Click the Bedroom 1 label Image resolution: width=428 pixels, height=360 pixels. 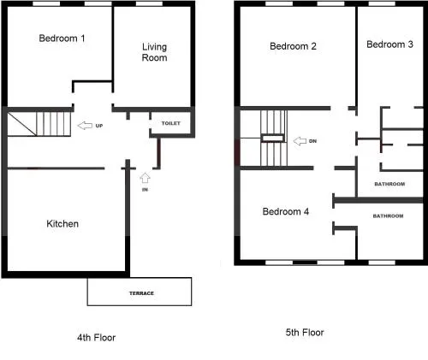(62, 38)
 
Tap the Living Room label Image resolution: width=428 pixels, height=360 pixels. (154, 52)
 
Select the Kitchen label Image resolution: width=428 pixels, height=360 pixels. (62, 224)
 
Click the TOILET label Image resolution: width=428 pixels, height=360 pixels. (171, 123)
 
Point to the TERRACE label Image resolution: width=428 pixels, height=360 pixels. (141, 293)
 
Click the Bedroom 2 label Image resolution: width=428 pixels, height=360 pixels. (293, 46)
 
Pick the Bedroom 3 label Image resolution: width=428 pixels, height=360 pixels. (389, 44)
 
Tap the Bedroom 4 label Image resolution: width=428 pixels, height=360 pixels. (286, 211)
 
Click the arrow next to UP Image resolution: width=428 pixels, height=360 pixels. (85, 126)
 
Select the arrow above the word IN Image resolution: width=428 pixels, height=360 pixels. (145, 178)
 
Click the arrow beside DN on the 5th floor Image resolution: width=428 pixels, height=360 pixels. (300, 141)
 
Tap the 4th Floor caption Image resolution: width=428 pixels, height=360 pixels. (97, 338)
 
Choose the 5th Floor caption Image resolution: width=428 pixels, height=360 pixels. (305, 333)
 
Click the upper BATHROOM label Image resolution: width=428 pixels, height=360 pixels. (389, 184)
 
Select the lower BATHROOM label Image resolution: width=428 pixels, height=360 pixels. (388, 216)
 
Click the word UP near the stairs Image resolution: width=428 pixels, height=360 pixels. (99, 126)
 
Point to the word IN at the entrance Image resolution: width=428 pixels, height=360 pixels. (145, 190)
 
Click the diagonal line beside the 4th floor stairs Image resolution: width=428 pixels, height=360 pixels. (21, 124)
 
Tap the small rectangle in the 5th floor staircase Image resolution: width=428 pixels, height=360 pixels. (273, 139)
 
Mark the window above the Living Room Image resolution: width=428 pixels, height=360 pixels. (149, 3)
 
